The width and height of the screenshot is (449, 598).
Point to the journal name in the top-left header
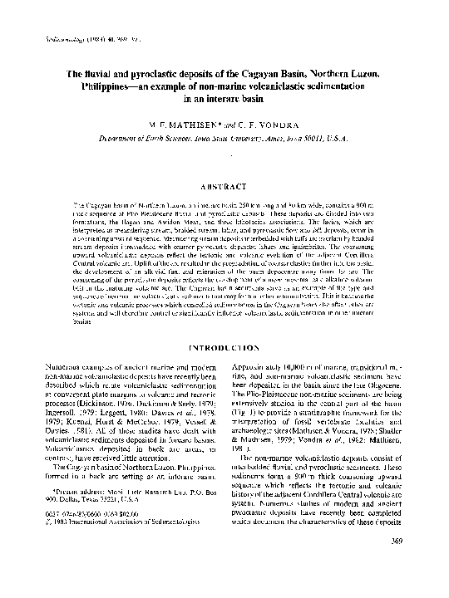click(46, 39)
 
